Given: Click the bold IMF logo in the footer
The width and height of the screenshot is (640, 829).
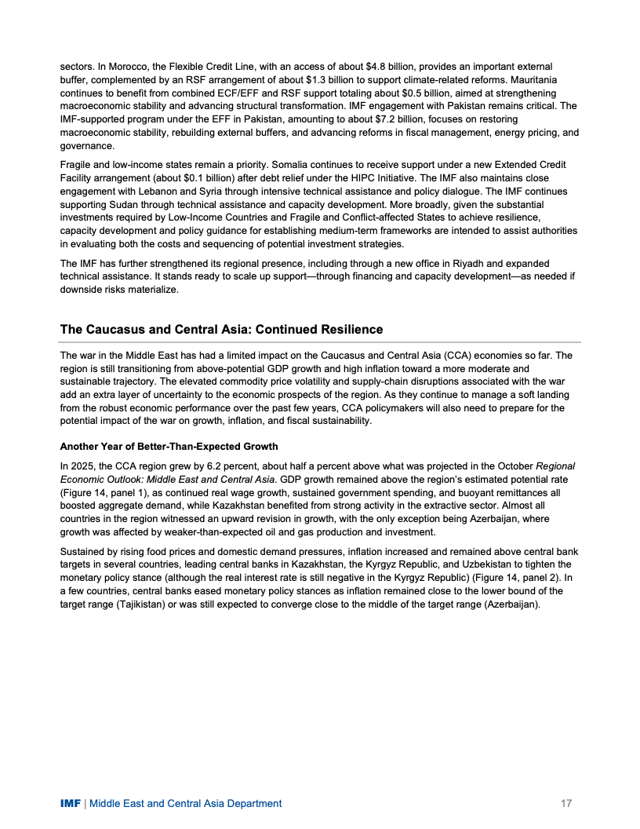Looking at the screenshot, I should [x=71, y=803].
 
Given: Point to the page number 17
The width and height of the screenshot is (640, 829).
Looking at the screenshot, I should [x=566, y=803].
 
